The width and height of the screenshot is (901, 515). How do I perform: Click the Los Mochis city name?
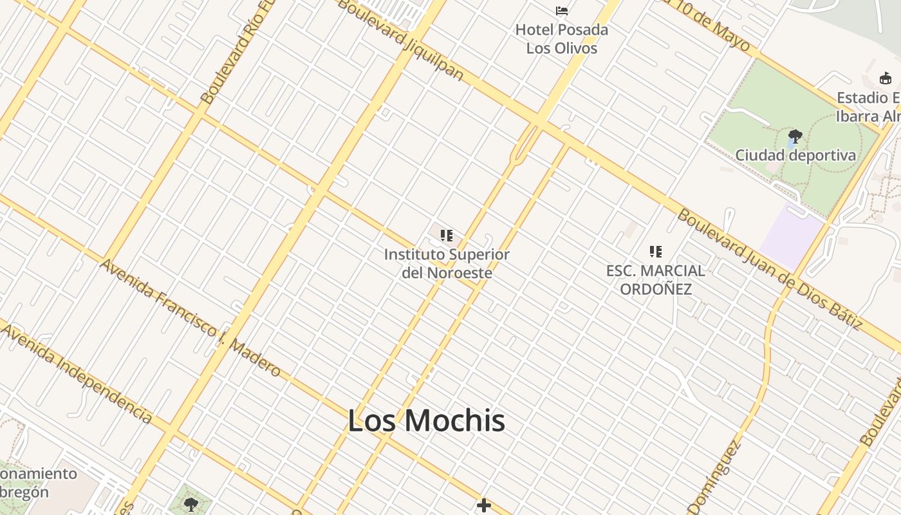426,420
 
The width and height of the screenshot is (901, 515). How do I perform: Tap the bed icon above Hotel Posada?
562,11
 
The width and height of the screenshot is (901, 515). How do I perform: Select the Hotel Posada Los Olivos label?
562,39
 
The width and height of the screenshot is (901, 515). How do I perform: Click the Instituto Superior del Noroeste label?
447,263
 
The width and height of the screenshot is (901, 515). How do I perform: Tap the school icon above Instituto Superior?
447,236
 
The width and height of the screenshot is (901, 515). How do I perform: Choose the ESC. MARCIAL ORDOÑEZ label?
656,280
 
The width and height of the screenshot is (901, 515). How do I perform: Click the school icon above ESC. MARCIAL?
656,251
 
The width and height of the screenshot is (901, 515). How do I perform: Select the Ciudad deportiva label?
795,155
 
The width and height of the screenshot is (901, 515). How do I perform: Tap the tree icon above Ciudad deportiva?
795,136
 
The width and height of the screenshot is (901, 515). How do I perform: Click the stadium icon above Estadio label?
886,79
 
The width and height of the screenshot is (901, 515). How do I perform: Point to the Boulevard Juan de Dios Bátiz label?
769,269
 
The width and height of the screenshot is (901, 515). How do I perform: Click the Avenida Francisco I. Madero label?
190,317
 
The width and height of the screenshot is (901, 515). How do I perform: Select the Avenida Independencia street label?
77,373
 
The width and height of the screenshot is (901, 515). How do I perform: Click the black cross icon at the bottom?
484,505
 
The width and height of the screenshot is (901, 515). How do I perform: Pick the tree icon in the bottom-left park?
190,504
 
